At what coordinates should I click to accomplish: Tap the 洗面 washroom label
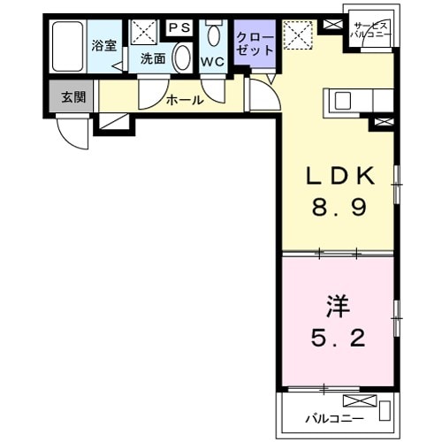tap(152, 59)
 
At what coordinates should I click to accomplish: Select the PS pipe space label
tap(180, 27)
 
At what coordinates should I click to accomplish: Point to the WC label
tap(212, 62)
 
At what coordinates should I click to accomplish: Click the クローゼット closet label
tap(255, 44)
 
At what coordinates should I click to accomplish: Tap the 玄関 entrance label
tap(73, 97)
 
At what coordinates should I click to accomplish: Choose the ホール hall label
tap(185, 100)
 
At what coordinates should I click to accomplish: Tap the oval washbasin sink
tap(182, 58)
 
